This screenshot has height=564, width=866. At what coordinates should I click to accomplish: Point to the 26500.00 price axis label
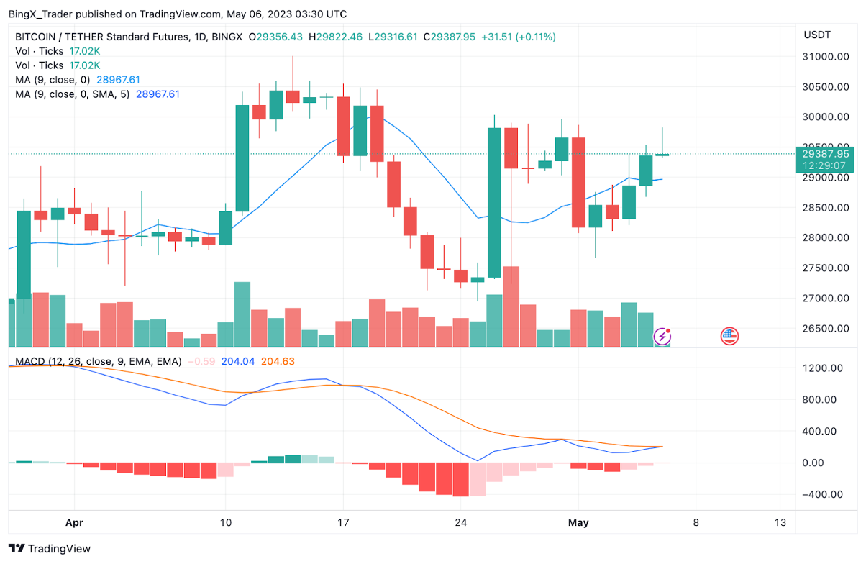coord(824,329)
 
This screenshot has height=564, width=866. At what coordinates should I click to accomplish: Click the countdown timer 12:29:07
coord(826,165)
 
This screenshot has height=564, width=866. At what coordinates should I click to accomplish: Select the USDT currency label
coord(817,35)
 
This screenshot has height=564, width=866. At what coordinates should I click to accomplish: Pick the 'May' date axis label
coord(579,522)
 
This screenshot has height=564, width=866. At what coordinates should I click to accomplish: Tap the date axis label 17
coord(343,522)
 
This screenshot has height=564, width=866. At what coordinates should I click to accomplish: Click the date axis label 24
coord(461,522)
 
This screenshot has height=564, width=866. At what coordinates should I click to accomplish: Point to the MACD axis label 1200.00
coord(823,368)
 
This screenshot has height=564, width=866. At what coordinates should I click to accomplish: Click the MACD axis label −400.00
coord(823,495)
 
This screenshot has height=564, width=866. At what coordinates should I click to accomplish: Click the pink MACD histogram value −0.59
coord(201,362)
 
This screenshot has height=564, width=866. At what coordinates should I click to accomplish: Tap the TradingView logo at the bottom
coord(50,549)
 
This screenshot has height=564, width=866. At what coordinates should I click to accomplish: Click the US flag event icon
coord(729,335)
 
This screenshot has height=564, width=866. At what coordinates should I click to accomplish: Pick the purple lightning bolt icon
coord(662,336)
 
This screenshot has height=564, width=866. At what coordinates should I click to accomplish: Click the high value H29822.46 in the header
coord(335,37)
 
